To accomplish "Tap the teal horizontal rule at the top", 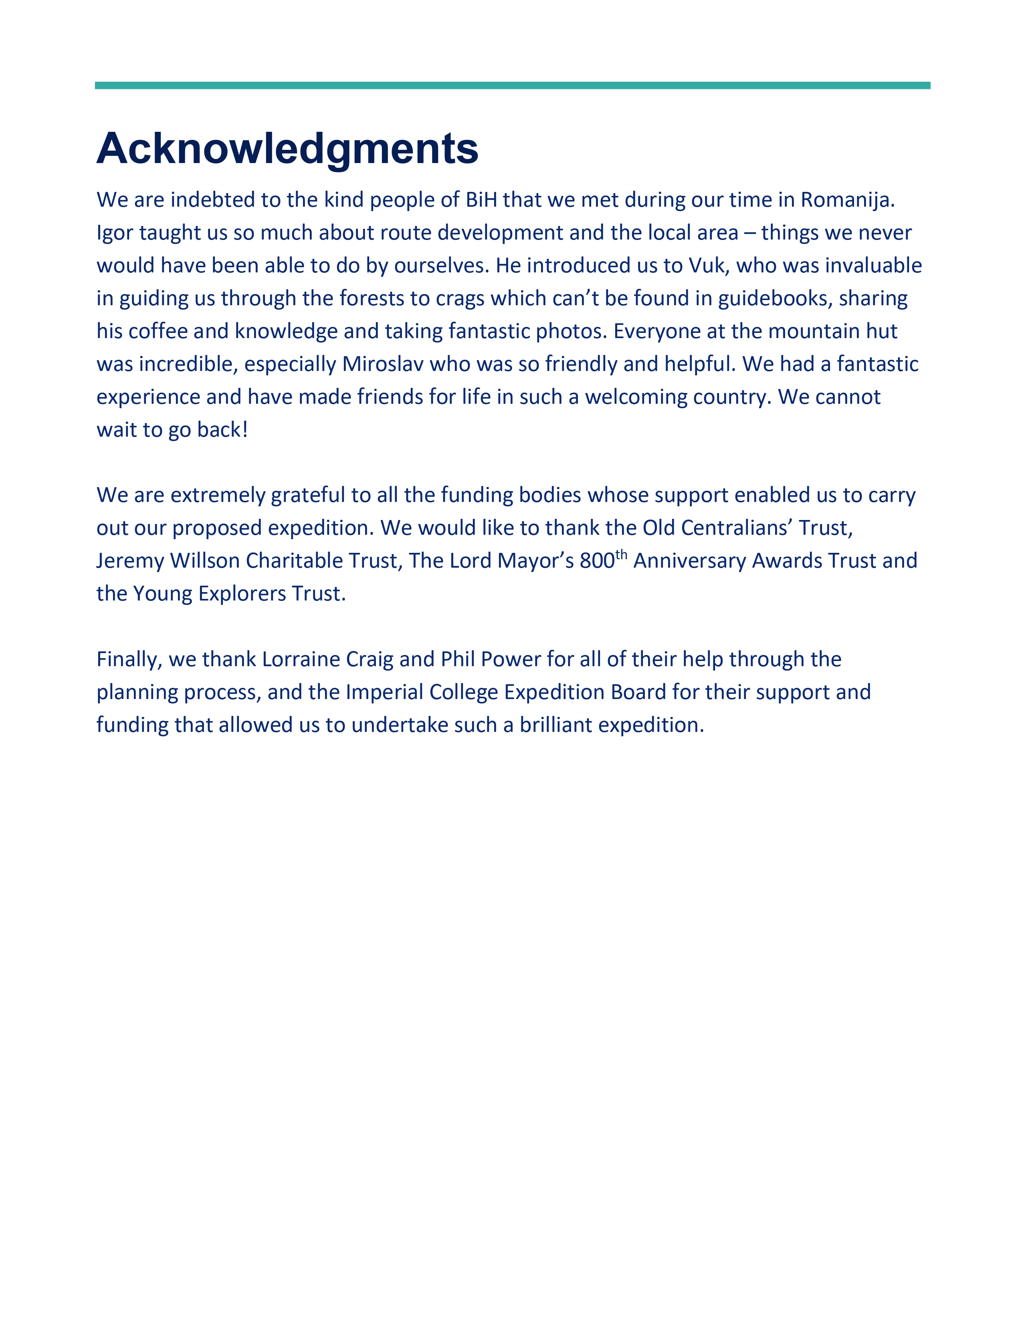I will point(512,85).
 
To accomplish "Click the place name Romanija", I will point(848,200).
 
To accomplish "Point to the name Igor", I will point(115,233).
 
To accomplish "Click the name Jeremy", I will point(130,561).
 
